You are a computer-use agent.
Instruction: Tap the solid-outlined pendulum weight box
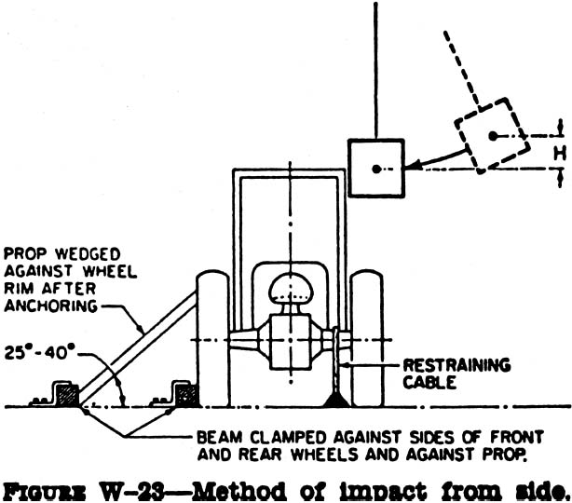click(375, 168)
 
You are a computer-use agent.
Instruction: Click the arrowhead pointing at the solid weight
click(412, 166)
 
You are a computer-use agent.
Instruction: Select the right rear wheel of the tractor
click(367, 340)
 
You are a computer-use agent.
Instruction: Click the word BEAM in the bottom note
click(220, 435)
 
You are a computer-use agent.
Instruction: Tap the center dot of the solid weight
click(375, 169)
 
